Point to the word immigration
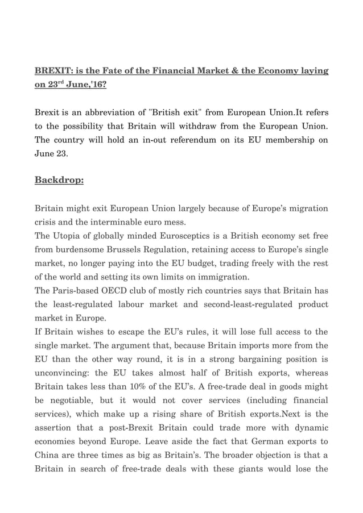pos(221,277)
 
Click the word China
pos(48,456)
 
